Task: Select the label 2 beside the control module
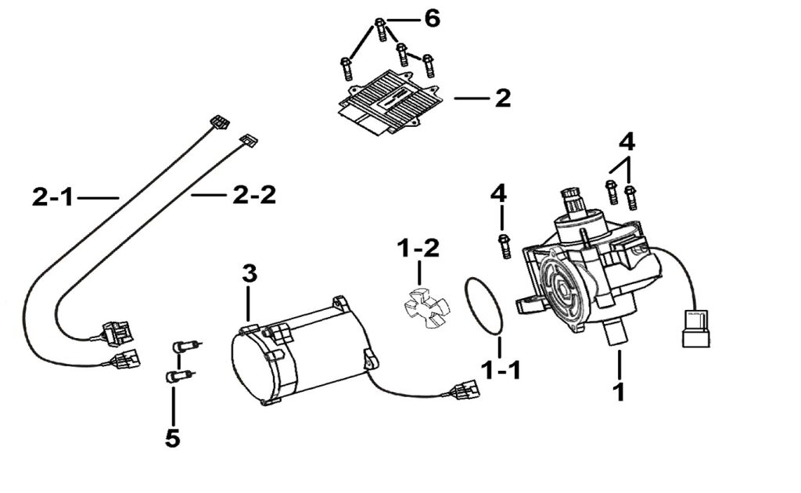point(502,99)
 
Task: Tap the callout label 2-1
point(53,198)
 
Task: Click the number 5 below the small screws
point(173,438)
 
